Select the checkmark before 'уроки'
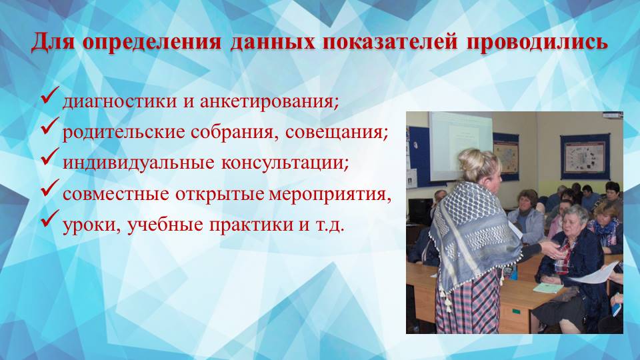point(51,222)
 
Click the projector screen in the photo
point(459,143)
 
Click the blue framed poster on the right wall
point(584,157)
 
